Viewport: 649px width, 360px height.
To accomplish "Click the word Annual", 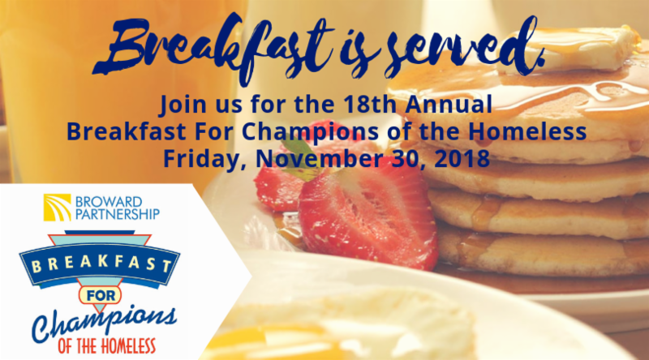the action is click(x=449, y=104).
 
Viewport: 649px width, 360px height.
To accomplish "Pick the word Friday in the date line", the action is click(x=205, y=159).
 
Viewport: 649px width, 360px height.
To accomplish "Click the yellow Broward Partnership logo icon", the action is click(x=57, y=208).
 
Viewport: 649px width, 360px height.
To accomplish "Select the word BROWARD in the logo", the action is click(x=109, y=202).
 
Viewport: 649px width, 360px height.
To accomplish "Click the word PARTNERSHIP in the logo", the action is click(x=118, y=214).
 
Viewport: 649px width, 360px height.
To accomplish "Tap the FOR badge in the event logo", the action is click(x=100, y=295).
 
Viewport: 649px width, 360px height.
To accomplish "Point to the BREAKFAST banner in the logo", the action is click(x=99, y=265).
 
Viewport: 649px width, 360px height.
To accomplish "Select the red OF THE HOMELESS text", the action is click(x=107, y=346).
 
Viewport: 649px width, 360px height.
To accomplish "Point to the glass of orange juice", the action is click(x=116, y=91).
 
